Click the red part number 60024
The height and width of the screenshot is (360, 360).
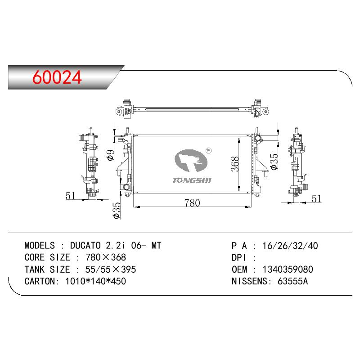[57, 77]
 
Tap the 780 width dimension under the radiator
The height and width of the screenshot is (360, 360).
[192, 203]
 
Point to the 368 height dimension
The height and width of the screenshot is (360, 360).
[235, 164]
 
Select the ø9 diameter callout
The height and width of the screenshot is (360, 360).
[110, 155]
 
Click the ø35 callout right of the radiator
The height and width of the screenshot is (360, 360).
[274, 162]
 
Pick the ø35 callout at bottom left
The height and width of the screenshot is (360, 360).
[117, 210]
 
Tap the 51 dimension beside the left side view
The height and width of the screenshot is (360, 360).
[71, 196]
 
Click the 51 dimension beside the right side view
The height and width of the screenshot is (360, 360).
[316, 198]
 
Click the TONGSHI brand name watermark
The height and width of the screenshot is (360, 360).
[192, 180]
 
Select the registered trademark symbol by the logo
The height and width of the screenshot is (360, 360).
[208, 151]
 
